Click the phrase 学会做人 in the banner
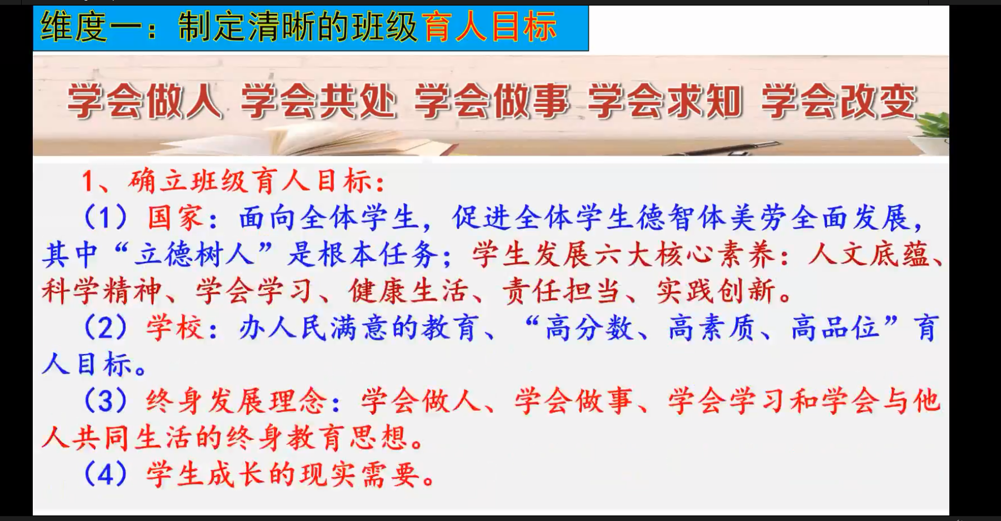pos(144,102)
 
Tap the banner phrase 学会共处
pos(318,102)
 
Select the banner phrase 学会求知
pos(665,102)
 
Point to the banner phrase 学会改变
pos(838,102)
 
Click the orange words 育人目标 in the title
pos(489,27)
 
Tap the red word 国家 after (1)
pos(176,217)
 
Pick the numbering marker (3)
pos(106,401)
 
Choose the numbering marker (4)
pos(106,474)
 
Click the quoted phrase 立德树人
pos(194,254)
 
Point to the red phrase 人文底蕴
pos(868,254)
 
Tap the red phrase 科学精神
pos(102,291)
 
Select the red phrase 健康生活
pos(408,291)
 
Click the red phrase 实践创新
pos(716,291)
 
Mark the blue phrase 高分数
pos(589,328)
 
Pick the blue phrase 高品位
pos(835,328)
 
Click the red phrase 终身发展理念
pos(237,401)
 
